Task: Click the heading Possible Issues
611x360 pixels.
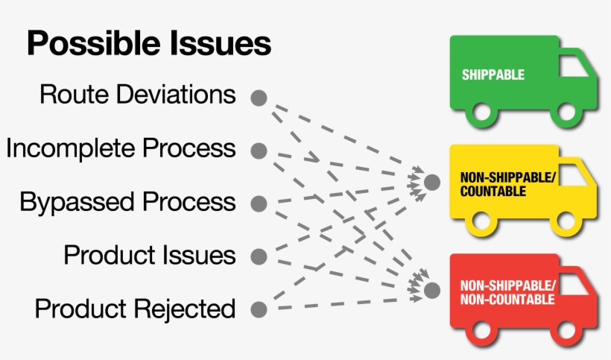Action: click(149, 44)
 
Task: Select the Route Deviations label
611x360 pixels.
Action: click(138, 95)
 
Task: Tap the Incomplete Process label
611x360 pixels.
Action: click(121, 148)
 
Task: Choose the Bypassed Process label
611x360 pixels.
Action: click(127, 202)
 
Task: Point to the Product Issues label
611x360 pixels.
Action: click(150, 255)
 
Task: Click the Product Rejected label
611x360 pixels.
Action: click(136, 308)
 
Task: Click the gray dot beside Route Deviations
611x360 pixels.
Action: click(259, 98)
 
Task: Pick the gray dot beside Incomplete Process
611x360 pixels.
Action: click(259, 151)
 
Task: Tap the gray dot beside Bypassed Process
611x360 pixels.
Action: click(259, 203)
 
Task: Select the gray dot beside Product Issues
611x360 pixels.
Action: click(259, 257)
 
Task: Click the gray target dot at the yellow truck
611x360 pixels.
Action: click(432, 181)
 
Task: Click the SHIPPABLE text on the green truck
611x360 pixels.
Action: click(493, 75)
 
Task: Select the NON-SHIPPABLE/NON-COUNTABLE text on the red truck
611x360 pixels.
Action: click(507, 293)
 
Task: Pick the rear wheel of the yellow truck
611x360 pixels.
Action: click(482, 221)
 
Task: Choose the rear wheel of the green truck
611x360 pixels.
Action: click(482, 113)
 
